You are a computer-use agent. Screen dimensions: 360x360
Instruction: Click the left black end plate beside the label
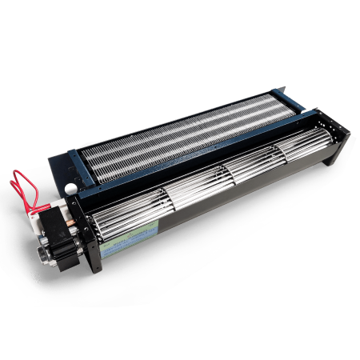[x=95, y=240]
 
